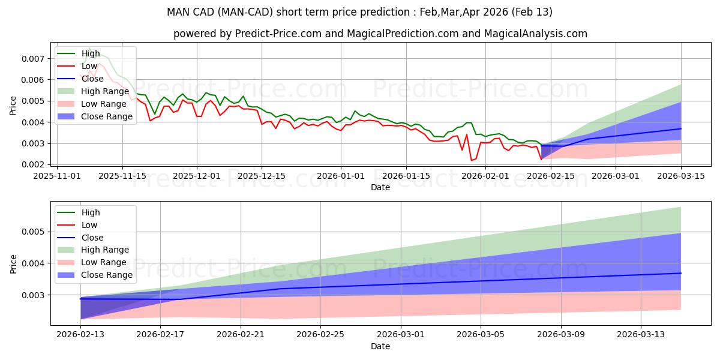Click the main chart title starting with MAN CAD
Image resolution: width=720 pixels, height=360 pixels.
360,12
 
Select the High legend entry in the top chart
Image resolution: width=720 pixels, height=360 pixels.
90,53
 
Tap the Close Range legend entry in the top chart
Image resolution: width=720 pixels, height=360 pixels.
106,116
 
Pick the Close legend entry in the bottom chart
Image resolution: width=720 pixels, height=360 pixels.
92,238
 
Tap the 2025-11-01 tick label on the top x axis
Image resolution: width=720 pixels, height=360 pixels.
57,176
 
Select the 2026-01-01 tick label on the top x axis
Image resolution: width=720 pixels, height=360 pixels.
341,176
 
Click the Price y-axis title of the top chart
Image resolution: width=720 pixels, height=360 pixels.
13,106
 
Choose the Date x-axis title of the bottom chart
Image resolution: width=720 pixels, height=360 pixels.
380,346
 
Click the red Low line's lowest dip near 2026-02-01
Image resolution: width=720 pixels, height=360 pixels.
472,160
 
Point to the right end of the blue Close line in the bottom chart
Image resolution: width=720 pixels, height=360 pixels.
681,273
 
